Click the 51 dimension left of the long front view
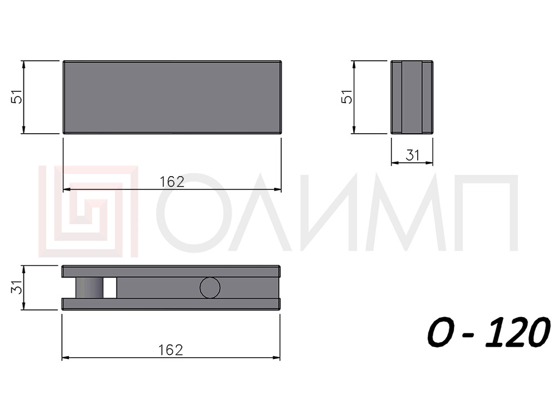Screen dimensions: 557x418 17,96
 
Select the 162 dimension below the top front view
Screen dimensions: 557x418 172,182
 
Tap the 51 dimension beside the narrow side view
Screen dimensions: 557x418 346,96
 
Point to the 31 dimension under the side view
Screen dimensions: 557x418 412,155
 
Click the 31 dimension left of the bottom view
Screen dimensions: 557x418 17,287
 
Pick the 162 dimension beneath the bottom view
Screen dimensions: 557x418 171,350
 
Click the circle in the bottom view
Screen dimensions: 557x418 210,288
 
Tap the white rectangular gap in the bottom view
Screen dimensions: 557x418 110,288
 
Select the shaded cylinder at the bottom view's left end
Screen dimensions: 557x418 89,288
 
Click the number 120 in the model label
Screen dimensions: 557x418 518,333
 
